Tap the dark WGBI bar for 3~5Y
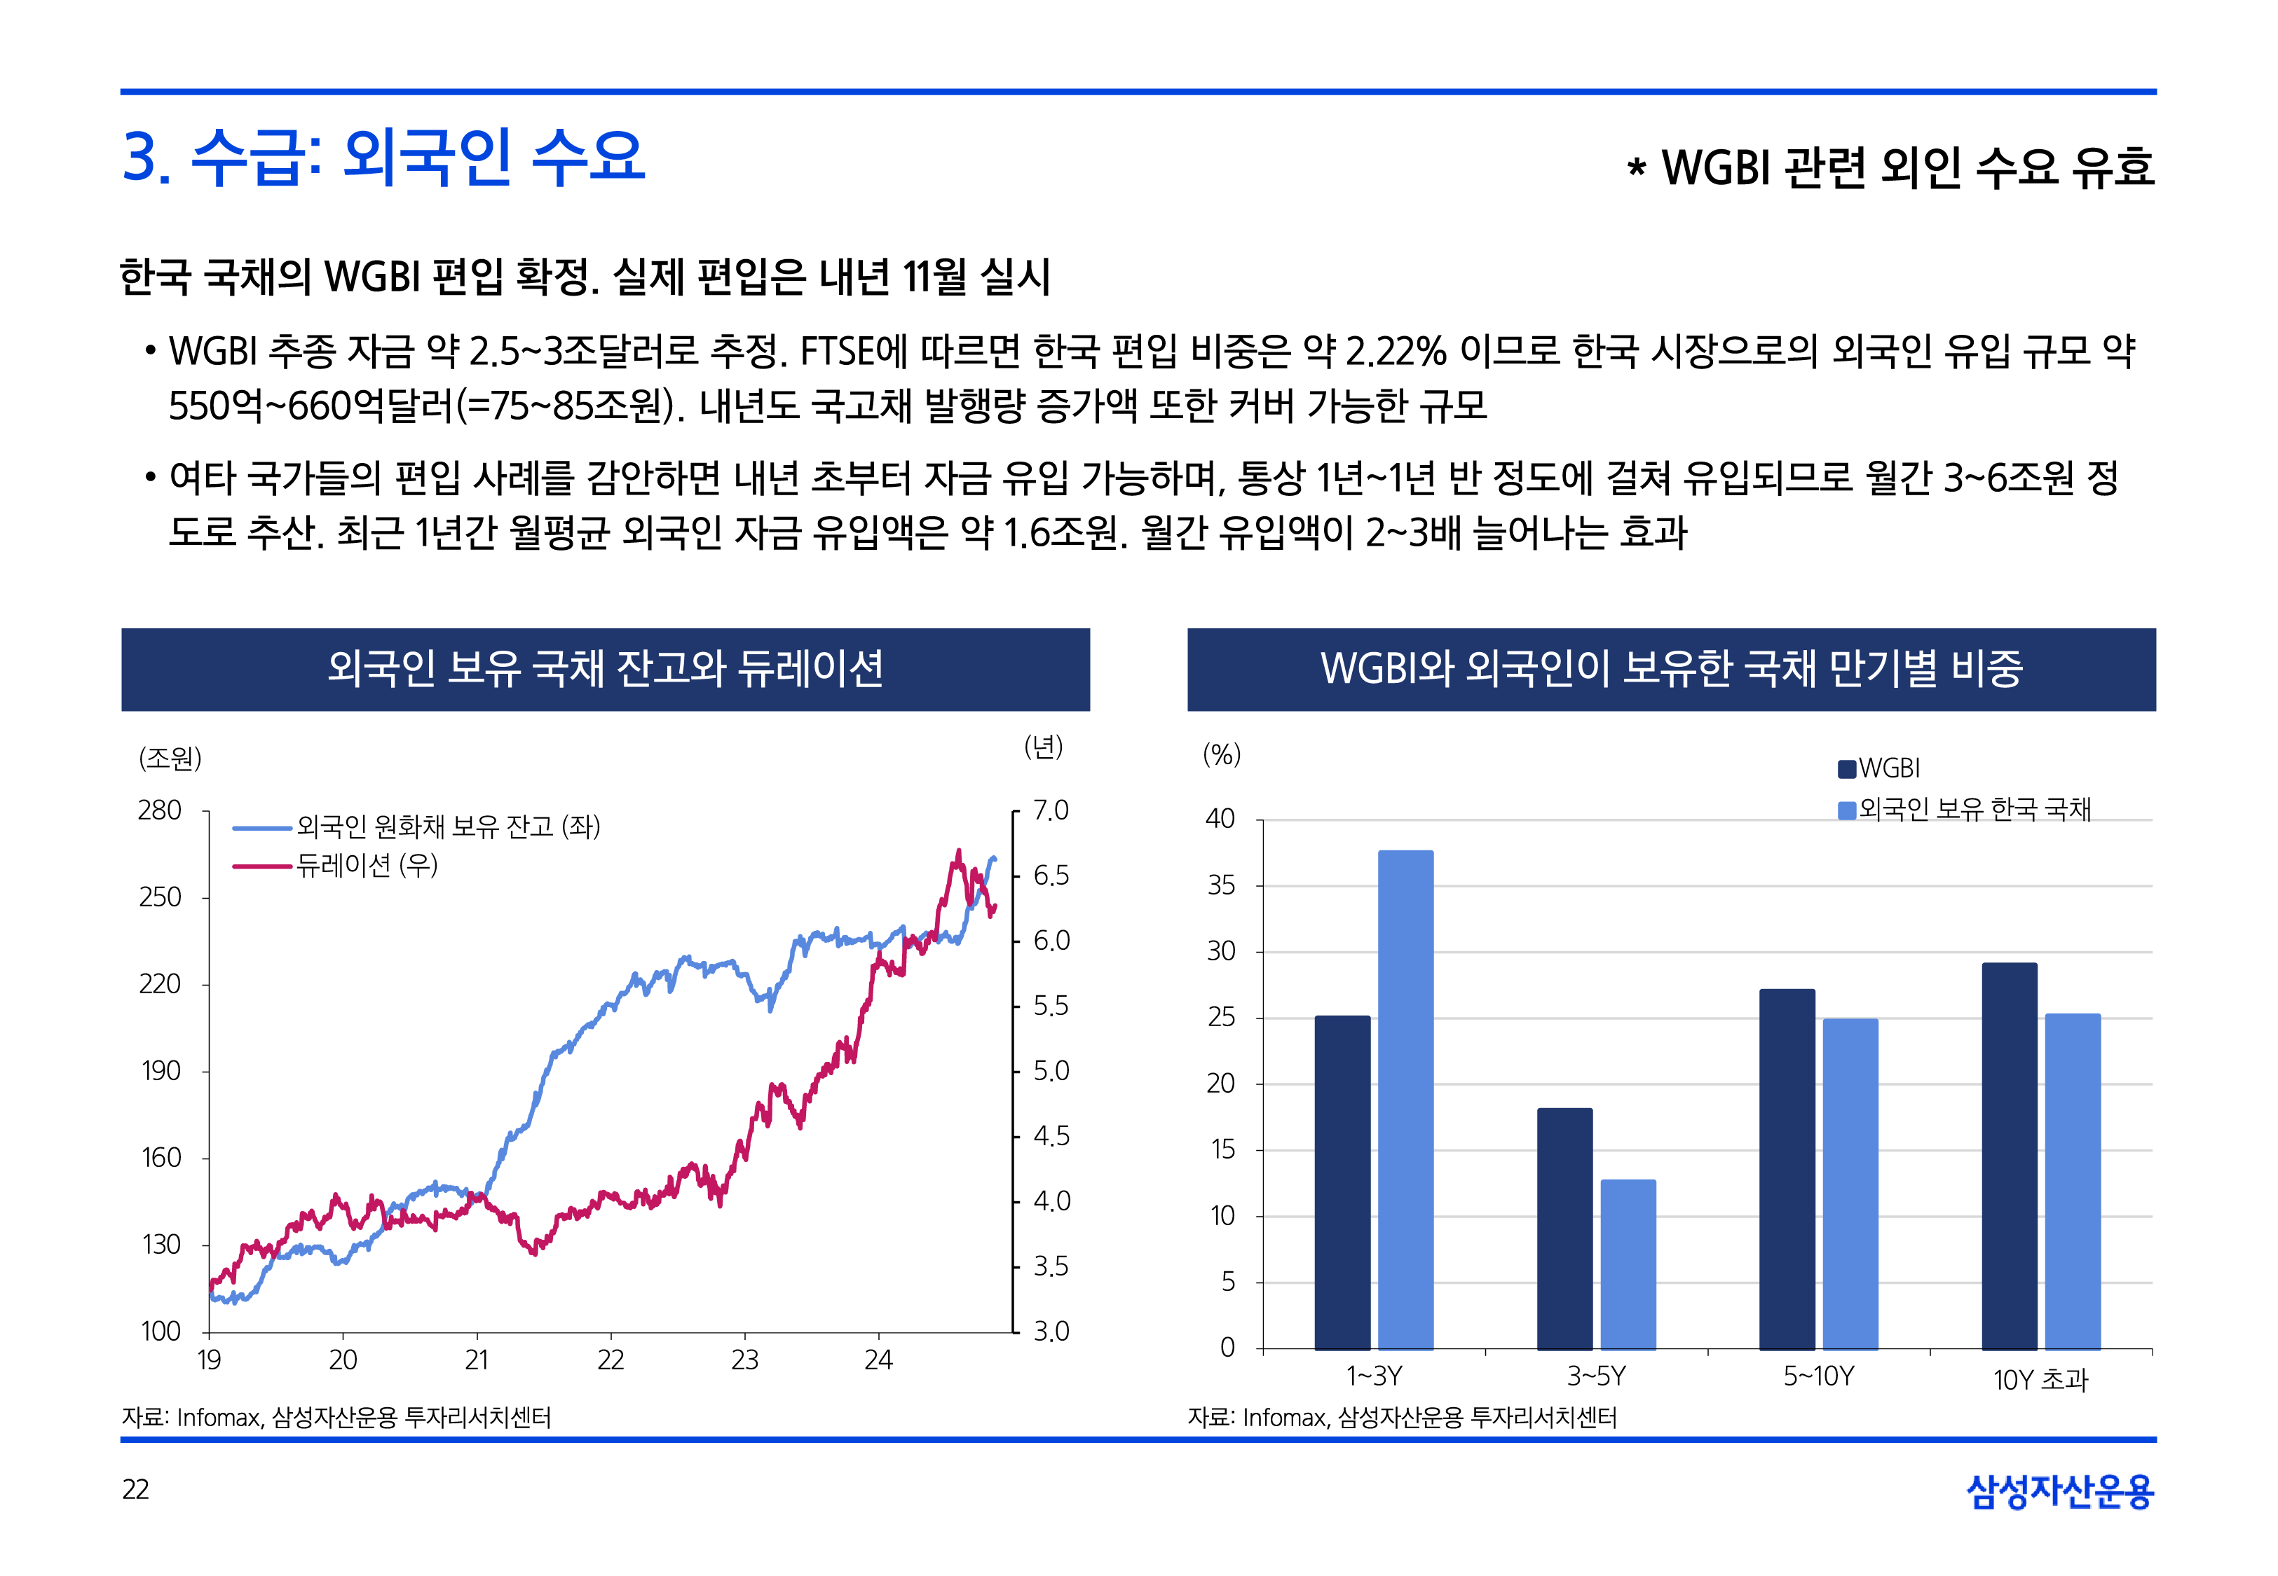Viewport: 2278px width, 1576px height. pyautogui.click(x=1564, y=1229)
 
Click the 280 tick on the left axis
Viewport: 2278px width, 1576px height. pyautogui.click(x=159, y=810)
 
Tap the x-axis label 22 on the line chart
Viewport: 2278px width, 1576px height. pyautogui.click(x=611, y=1361)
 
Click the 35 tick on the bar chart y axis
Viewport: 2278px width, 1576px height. pyautogui.click(x=1221, y=886)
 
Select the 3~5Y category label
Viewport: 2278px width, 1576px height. pyautogui.click(x=1595, y=1376)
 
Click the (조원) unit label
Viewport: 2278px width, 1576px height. pyautogui.click(x=170, y=759)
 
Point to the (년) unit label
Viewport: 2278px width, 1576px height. pyautogui.click(x=1043, y=747)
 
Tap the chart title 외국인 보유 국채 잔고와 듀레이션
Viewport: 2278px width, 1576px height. pyautogui.click(x=605, y=668)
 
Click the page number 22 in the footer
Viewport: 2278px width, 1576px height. pyautogui.click(x=135, y=1489)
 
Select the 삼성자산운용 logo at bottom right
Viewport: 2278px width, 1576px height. pyautogui.click(x=2060, y=1491)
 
